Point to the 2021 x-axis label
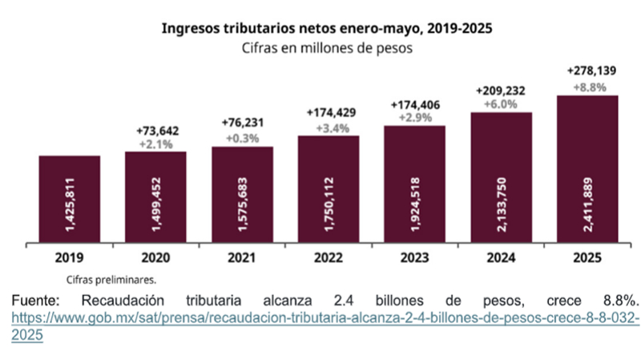click(242, 260)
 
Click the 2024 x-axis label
click(501, 260)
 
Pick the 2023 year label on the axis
click(414, 260)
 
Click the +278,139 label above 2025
click(591, 71)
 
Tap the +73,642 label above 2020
click(155, 130)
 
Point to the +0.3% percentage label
click(242, 138)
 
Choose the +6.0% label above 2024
click(501, 104)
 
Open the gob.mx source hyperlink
click(320, 318)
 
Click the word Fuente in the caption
click(36, 300)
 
